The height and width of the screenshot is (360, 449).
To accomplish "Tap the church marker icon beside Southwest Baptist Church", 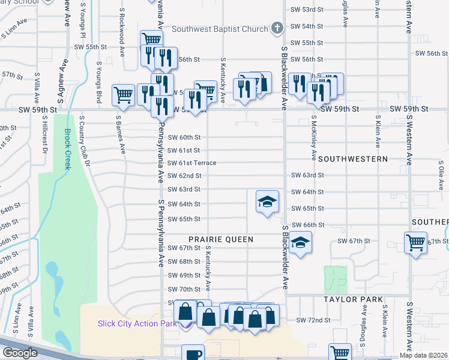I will (x=276, y=28).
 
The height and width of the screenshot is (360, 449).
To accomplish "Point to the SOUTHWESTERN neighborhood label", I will (x=353, y=159).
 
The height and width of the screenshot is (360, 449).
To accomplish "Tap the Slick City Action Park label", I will (x=137, y=324).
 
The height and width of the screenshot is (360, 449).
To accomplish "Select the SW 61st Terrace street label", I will (x=200, y=163).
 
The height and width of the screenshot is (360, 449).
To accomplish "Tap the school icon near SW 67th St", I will (x=300, y=242).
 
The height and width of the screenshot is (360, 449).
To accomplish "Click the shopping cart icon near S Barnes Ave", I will (x=123, y=95).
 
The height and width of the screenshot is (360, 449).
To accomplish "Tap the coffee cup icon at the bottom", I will (x=193, y=355).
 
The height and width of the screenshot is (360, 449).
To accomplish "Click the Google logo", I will (x=20, y=353).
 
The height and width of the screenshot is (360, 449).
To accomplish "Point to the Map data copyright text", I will (x=424, y=355).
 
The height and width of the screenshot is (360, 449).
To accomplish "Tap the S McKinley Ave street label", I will (x=313, y=137).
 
